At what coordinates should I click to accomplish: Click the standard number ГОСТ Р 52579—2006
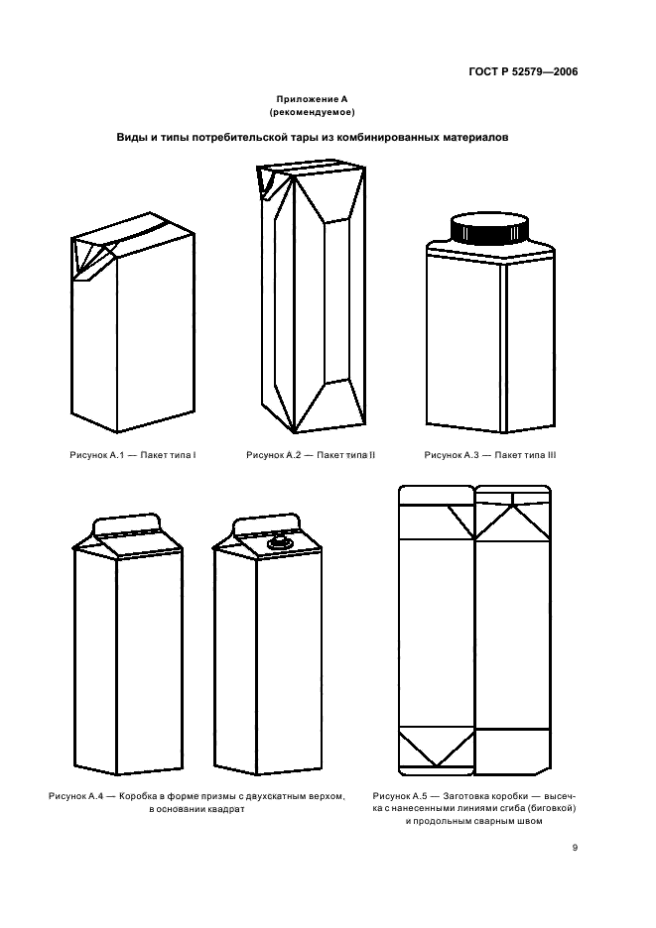(523, 72)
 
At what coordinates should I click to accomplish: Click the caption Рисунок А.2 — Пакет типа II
(311, 455)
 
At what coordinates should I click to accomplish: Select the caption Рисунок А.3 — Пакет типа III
(490, 455)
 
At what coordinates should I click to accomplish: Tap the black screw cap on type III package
(490, 230)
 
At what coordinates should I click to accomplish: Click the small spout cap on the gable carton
(278, 542)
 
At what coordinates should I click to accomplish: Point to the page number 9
(575, 848)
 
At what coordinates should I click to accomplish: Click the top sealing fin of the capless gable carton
(127, 524)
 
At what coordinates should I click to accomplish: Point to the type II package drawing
(312, 297)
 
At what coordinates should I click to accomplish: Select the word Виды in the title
(130, 137)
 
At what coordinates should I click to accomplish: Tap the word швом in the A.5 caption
(529, 821)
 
